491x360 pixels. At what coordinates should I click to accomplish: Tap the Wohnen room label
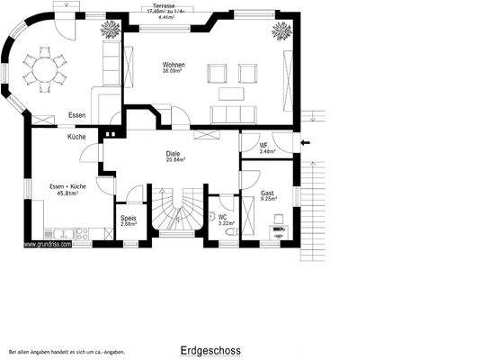(x=174, y=66)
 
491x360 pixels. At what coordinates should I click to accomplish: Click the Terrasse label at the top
(x=165, y=4)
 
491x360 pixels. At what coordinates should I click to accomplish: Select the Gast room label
(x=267, y=193)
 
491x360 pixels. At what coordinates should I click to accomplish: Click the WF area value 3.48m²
(x=265, y=152)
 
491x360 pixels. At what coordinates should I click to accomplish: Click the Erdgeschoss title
(x=210, y=350)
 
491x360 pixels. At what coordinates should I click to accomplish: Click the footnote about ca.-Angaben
(x=67, y=352)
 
